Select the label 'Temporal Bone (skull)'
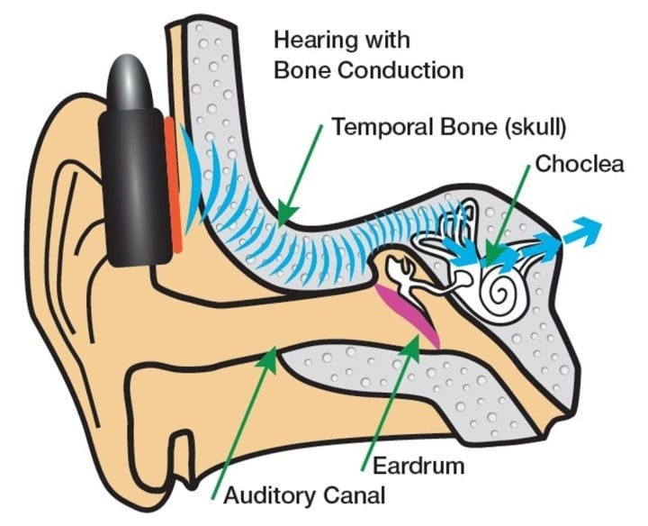[x=449, y=127]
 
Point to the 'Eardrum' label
[x=408, y=466]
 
